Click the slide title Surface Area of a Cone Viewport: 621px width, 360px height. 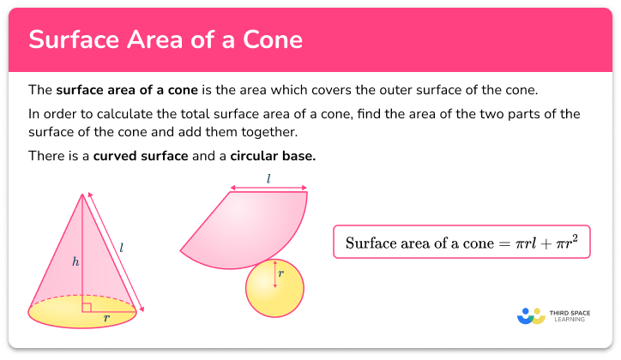click(165, 39)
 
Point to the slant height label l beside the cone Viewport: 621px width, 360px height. click(122, 248)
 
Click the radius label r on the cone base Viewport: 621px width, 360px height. click(106, 316)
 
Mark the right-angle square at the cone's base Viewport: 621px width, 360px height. click(87, 307)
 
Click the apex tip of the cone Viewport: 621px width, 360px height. click(83, 194)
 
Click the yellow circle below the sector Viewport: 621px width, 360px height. click(274, 287)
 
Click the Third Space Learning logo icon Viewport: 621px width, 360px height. click(532, 316)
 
